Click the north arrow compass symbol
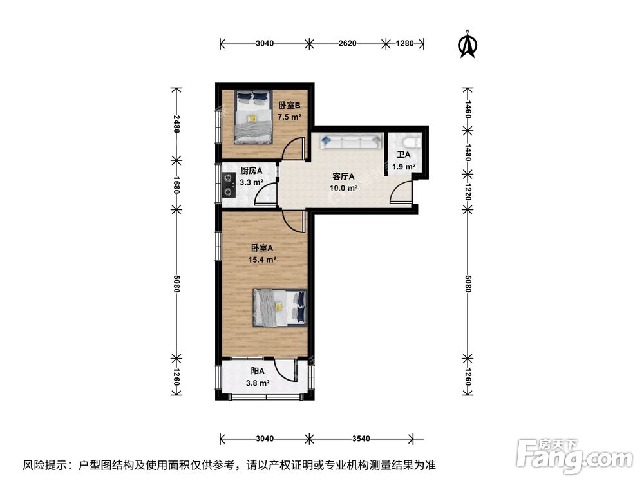click(x=467, y=44)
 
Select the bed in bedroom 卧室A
click(x=279, y=307)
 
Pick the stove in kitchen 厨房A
click(x=229, y=185)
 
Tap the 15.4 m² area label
click(x=263, y=260)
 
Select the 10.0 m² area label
click(x=344, y=188)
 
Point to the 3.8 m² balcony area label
click(x=258, y=383)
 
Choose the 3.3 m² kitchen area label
click(x=251, y=182)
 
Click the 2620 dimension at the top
click(x=347, y=44)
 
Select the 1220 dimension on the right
click(x=468, y=191)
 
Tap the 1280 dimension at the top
click(x=404, y=44)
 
